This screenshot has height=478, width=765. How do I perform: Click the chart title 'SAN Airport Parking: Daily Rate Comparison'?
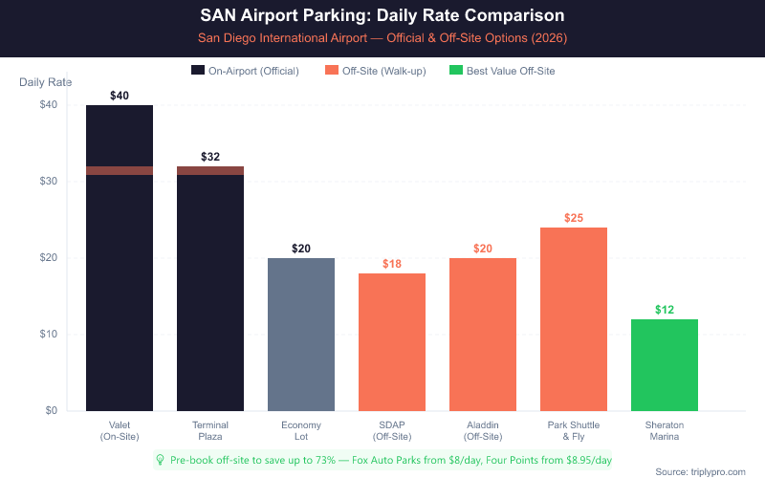coord(382,16)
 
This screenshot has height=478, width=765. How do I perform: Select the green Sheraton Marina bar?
coord(665,365)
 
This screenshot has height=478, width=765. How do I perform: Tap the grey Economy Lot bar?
coord(301,335)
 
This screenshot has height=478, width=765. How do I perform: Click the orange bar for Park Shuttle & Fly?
coord(574,319)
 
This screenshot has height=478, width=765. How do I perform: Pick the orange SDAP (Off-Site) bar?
coord(392,342)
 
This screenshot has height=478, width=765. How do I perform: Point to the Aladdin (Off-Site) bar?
coord(483,335)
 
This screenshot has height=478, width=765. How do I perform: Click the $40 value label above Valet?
coord(120,96)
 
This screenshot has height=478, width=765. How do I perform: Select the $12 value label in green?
coord(665,310)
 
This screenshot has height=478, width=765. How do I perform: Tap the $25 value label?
coord(574,218)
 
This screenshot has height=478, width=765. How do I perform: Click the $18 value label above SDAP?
coord(392,264)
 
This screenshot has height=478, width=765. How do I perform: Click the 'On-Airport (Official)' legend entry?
coord(247,71)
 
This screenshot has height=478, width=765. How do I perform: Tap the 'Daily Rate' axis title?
coord(44,82)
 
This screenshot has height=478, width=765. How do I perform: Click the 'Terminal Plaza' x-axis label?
coord(210,430)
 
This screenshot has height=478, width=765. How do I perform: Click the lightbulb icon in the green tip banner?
coord(161,459)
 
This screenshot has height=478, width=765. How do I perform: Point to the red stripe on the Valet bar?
coord(120,170)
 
